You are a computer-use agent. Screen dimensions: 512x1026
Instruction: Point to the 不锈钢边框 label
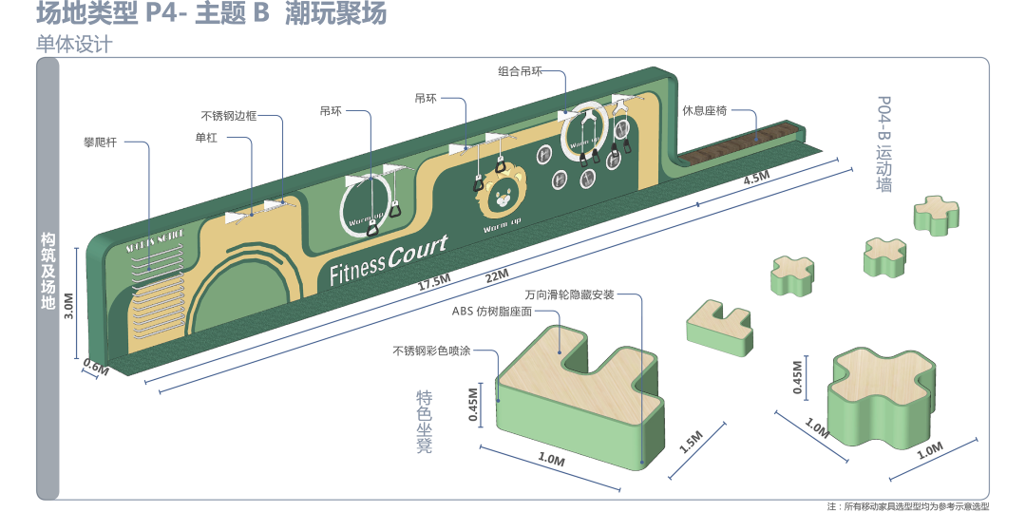(x=228, y=117)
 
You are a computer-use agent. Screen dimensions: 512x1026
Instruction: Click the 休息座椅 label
(x=705, y=110)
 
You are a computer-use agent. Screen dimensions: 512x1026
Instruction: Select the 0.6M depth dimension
(x=96, y=367)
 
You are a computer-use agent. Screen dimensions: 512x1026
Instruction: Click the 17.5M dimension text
(x=433, y=283)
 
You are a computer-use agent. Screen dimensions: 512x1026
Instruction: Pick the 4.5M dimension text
(x=756, y=180)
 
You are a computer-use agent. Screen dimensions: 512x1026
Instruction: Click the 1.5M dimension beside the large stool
(x=693, y=443)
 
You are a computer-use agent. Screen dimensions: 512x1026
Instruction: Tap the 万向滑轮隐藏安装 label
(x=569, y=294)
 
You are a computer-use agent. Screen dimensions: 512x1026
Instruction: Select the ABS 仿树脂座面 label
(x=491, y=310)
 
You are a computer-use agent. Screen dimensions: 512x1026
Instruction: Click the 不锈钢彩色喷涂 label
(x=431, y=351)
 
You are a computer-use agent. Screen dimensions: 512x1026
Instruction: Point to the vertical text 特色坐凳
(x=424, y=420)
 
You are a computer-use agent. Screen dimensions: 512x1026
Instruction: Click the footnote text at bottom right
(x=908, y=506)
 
